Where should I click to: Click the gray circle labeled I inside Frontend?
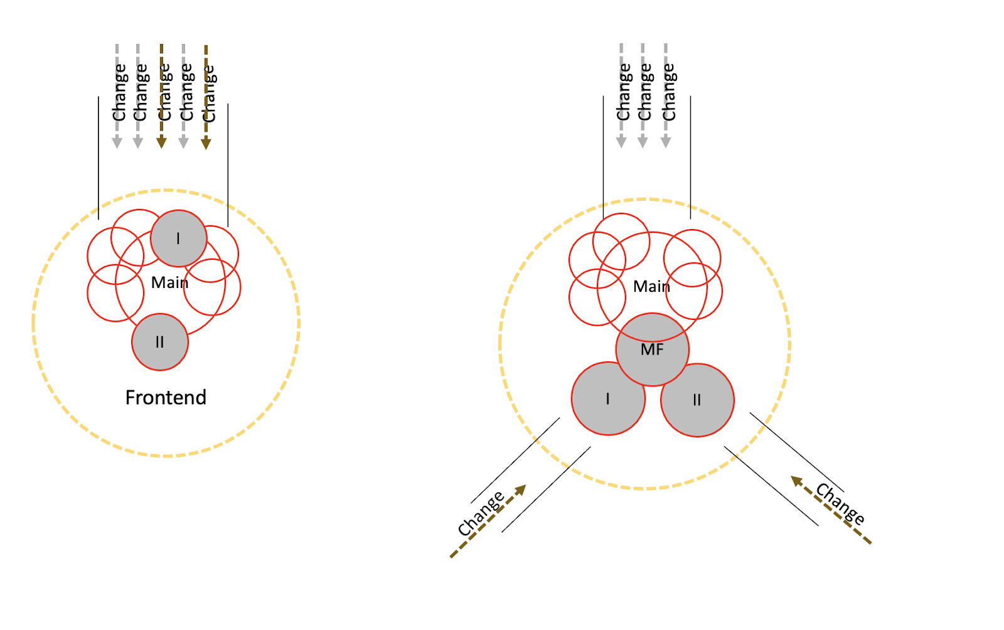[179, 238]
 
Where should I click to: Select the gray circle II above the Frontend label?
[160, 342]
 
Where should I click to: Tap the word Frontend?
[166, 397]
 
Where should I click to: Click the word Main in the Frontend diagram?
[169, 282]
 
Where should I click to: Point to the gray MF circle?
[653, 350]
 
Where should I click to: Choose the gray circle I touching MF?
[608, 398]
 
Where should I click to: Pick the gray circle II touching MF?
[697, 400]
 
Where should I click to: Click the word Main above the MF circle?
[651, 286]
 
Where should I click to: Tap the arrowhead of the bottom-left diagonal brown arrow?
[520, 490]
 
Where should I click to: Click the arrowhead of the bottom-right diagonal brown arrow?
[796, 481]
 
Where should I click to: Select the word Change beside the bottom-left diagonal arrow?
[481, 513]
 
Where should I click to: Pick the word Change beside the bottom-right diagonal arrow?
[840, 503]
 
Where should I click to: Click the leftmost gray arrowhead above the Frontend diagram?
[117, 143]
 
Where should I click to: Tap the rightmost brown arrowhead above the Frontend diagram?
[206, 144]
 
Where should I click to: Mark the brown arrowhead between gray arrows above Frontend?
[161, 143]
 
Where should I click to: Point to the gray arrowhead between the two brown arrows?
[183, 143]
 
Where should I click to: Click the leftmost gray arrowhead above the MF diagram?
[621, 142]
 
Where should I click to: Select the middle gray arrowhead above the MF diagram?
[643, 142]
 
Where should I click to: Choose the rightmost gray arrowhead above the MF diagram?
[666, 142]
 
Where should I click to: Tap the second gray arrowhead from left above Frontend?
[138, 143]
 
